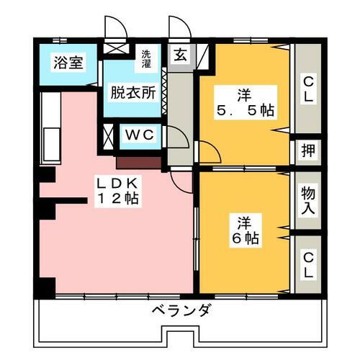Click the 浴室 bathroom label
point(68,62)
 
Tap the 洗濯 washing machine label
point(146,58)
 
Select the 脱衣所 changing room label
point(133,92)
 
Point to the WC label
point(140,135)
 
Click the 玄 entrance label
point(180,55)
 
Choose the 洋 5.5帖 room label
point(246,102)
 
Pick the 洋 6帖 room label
point(245,230)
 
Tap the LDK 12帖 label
point(117,191)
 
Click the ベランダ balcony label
point(182,310)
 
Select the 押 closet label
point(308,150)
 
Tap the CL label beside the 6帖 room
point(308,266)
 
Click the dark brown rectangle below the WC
point(138,163)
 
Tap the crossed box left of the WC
point(108,136)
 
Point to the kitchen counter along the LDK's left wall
point(50,128)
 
